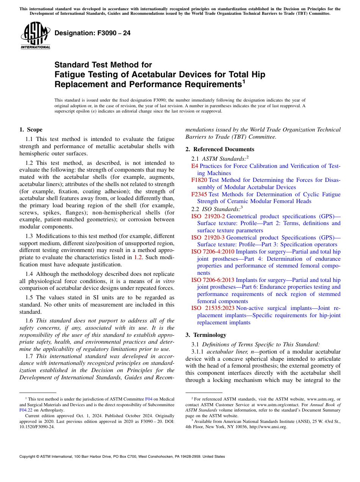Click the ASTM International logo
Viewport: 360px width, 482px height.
pyautogui.click(x=35, y=35)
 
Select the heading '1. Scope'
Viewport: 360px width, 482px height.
pyautogui.click(x=31, y=130)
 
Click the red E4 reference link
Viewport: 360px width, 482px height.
pyautogui.click(x=194, y=166)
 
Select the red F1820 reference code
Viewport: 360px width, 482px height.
pyautogui.click(x=199, y=180)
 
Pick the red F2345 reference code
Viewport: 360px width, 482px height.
pyautogui.click(x=199, y=194)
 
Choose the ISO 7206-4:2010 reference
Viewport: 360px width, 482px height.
pyautogui.click(x=213, y=252)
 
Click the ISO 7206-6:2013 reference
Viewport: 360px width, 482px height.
pyautogui.click(x=213, y=280)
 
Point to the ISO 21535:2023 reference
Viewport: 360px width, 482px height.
pyautogui.click(x=213, y=308)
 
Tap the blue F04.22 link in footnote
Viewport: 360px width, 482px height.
pyautogui.click(x=25, y=410)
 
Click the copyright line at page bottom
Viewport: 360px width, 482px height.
pyautogui.click(x=122, y=457)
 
